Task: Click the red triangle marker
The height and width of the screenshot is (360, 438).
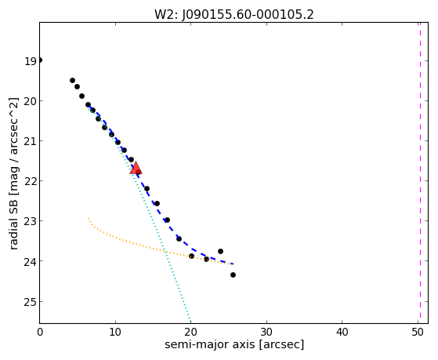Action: coord(136,169)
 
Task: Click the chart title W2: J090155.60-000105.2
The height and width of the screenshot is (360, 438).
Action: coord(234,15)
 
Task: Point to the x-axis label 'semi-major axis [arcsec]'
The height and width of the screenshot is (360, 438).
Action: coord(234,344)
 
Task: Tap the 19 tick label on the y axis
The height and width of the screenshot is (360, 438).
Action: coord(31,61)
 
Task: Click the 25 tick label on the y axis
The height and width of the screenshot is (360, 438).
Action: coord(31,302)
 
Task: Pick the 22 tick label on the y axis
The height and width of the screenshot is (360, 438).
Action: coord(31,181)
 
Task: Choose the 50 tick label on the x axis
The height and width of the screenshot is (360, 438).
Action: coord(418,332)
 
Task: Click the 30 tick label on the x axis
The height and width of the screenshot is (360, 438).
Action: coord(266,332)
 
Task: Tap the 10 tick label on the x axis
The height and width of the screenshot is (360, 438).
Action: coord(115,332)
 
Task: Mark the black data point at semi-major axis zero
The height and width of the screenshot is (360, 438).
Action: coord(40,60)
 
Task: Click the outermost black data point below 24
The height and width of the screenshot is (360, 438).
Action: coord(233,275)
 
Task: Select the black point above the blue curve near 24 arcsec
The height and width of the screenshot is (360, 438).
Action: coord(220,251)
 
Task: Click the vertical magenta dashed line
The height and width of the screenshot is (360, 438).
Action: coord(420,173)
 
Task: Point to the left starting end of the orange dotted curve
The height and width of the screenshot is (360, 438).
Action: coord(89,218)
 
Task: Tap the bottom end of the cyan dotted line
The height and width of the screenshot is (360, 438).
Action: coord(190,322)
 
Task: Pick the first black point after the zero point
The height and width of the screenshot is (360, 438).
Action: coord(72,80)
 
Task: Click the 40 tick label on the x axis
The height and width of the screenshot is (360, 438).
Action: coord(342,332)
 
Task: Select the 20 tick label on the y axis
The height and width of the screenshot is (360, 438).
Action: coord(31,101)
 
